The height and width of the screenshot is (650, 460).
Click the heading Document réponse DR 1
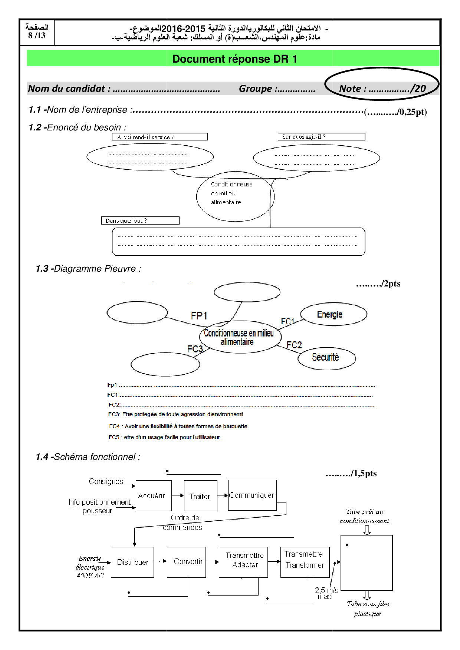tap(234, 59)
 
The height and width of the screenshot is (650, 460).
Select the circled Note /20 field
tap(382, 88)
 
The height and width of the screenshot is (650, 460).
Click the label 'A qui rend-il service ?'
tap(160, 137)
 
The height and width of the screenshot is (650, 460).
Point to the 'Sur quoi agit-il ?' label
tap(321, 137)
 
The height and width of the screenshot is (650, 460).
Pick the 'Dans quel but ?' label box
tap(140, 220)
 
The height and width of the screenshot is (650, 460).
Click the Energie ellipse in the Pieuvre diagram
tap(333, 315)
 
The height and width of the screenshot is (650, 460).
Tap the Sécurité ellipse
tap(326, 358)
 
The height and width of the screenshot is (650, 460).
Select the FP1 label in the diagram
tap(199, 316)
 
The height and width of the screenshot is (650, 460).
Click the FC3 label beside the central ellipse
tap(195, 349)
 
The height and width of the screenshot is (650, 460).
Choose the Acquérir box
tap(154, 495)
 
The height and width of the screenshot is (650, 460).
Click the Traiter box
tap(200, 496)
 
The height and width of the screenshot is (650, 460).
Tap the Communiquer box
tap(252, 495)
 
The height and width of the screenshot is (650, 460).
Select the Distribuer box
tap(132, 562)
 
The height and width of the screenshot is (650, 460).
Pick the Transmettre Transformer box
tap(305, 562)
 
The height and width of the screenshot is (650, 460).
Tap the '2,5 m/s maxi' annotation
tap(326, 593)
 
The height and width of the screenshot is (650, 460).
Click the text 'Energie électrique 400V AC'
tap(90, 567)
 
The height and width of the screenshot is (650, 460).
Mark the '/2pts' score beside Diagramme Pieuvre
tap(378, 284)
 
